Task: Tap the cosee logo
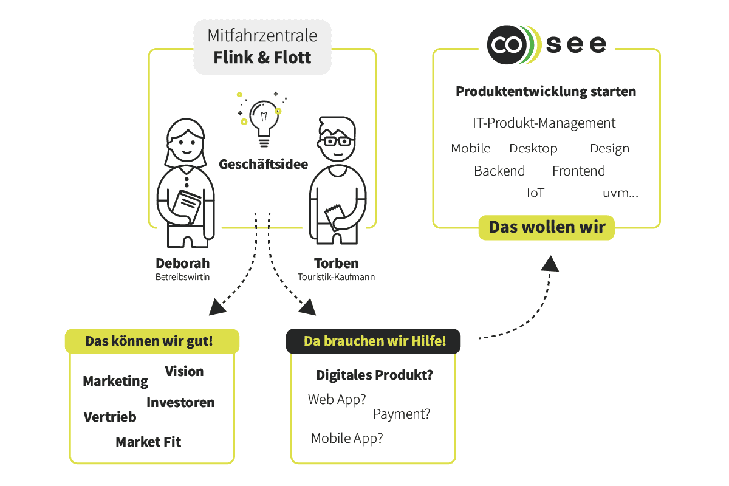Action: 547,44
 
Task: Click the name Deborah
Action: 182,264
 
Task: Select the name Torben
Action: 336,264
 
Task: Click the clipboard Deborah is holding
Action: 186,204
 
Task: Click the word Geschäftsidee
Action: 263,164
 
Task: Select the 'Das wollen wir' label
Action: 547,227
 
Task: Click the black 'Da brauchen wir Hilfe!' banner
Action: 374,341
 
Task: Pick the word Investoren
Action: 180,402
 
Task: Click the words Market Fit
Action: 148,442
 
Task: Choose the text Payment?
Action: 402,414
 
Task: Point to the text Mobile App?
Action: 347,438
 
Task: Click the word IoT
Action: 535,193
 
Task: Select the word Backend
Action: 499,171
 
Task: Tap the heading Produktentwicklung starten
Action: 546,92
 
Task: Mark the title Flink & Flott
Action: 262,58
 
